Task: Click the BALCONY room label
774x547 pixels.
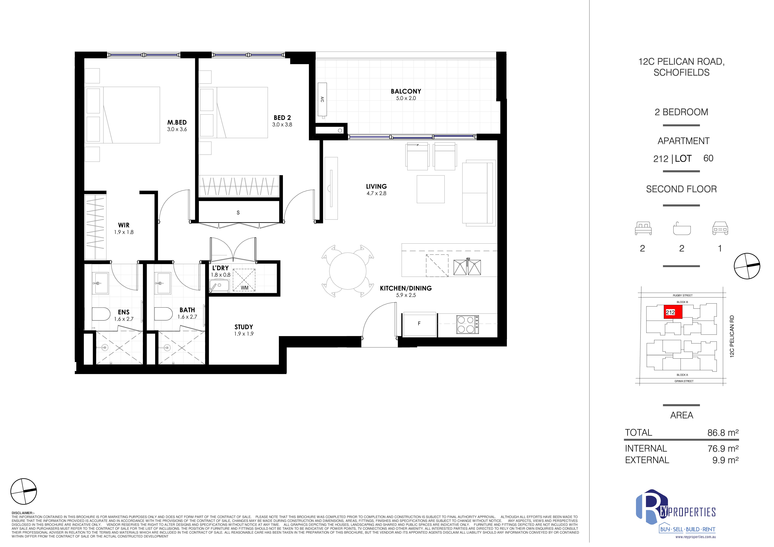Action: click(406, 91)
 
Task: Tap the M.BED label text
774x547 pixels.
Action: click(177, 122)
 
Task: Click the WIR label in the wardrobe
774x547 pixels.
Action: click(124, 225)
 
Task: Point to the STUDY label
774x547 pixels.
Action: click(244, 327)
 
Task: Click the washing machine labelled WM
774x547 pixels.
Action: click(244, 280)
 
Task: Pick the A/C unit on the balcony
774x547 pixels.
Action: click(322, 99)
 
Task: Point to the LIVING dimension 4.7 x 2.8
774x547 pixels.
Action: click(376, 194)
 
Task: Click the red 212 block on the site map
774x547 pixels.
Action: click(673, 312)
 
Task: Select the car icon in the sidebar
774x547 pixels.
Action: click(720, 228)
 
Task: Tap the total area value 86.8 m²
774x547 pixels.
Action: click(723, 433)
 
